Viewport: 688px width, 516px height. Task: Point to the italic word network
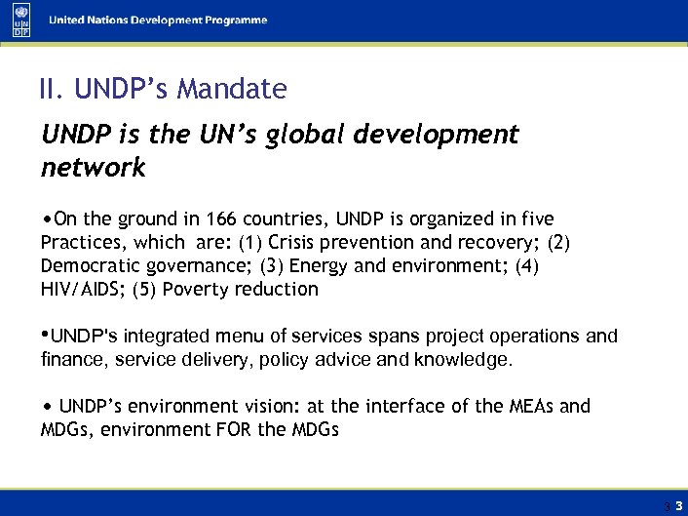click(x=93, y=168)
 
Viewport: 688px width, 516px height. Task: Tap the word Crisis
click(x=293, y=243)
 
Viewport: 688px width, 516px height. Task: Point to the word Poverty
click(x=194, y=290)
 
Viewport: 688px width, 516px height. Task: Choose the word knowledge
click(x=464, y=360)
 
